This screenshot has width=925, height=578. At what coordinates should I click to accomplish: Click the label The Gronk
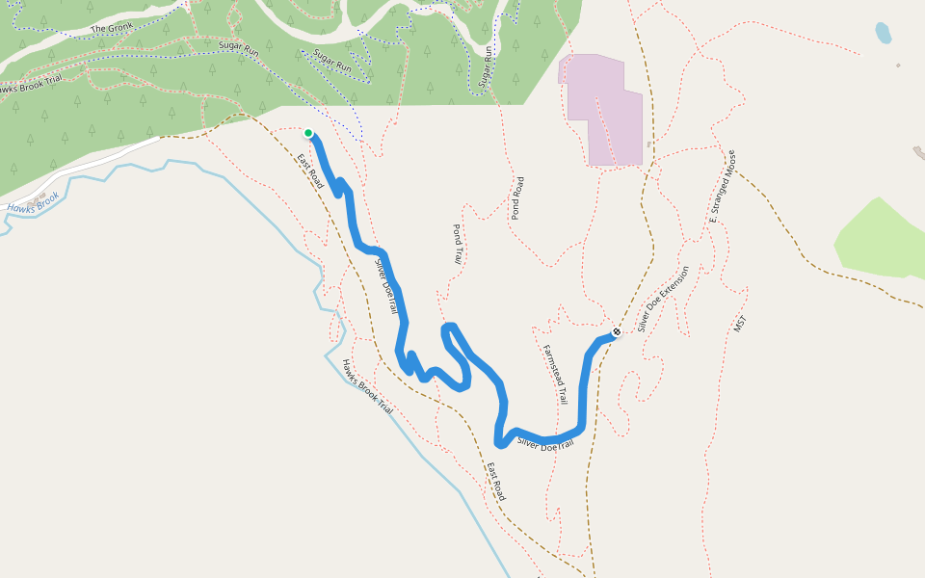pyautogui.click(x=112, y=28)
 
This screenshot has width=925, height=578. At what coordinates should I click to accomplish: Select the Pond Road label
pyautogui.click(x=517, y=198)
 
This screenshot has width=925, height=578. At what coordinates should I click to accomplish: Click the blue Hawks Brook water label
pyautogui.click(x=33, y=201)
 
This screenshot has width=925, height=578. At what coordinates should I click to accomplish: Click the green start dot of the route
pyautogui.click(x=308, y=133)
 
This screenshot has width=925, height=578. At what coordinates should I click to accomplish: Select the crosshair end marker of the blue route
pyautogui.click(x=617, y=331)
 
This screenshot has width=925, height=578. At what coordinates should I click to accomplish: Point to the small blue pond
pyautogui.click(x=883, y=34)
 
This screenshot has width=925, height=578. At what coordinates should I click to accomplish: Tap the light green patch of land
pyautogui.click(x=882, y=241)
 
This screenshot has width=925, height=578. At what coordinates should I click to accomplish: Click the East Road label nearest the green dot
pyautogui.click(x=309, y=171)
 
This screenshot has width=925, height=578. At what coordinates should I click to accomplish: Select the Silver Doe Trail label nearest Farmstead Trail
pyautogui.click(x=545, y=444)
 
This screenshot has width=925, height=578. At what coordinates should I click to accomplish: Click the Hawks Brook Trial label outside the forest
pyautogui.click(x=367, y=387)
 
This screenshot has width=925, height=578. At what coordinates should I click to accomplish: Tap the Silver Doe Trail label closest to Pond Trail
pyautogui.click(x=385, y=285)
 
